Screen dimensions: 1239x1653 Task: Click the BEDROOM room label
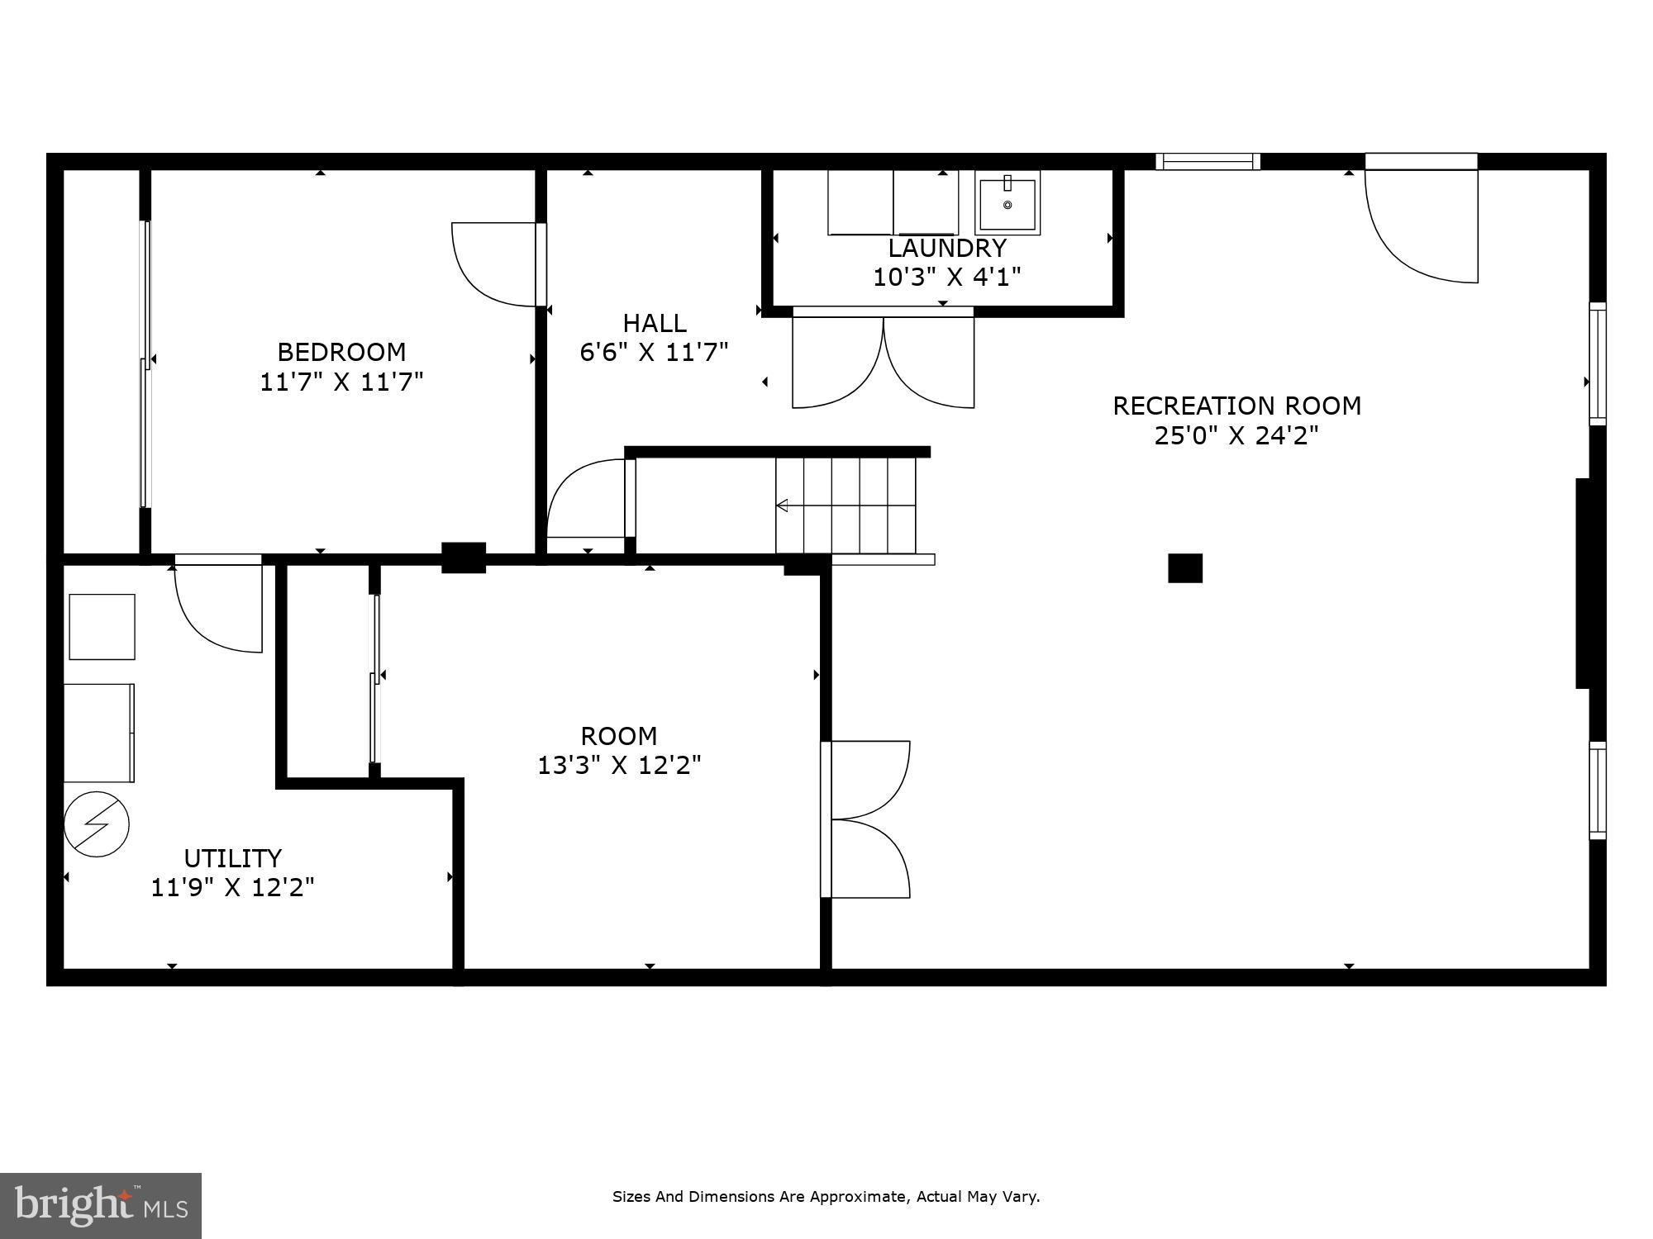coord(341,353)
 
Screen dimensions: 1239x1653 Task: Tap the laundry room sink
coord(1007,203)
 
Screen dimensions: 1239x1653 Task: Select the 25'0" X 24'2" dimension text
coord(1236,435)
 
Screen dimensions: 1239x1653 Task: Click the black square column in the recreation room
coord(1184,568)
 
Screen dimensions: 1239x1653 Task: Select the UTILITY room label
coord(232,858)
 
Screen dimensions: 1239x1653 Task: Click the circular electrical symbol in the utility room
coord(97,824)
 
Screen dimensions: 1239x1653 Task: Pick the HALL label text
coord(654,323)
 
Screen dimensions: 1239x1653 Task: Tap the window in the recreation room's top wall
coord(1208,161)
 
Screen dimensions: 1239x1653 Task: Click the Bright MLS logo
coord(100,1205)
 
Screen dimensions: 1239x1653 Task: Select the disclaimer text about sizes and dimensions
coord(826,1196)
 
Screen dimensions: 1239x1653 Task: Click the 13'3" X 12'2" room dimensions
coord(619,766)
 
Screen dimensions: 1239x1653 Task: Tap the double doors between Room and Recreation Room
coord(868,819)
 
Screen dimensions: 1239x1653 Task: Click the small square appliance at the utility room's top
coord(102,626)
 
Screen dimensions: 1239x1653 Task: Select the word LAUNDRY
coord(947,248)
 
